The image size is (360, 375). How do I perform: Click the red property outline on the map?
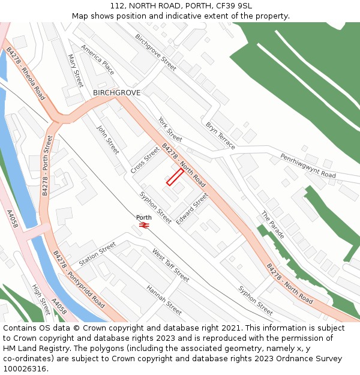point(175,177)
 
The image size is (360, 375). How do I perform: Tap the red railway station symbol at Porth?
point(144,225)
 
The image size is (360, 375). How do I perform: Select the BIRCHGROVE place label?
point(116,93)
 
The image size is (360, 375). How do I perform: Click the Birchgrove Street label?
point(155,52)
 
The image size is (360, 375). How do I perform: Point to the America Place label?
point(97,59)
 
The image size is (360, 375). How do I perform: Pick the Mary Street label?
point(75,71)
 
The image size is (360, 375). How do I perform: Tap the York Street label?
point(170,130)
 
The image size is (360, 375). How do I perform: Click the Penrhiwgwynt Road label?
point(308,165)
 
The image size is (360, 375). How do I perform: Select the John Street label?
point(108,140)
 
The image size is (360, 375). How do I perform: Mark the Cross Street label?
point(145,160)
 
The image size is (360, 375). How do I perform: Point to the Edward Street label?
point(191,208)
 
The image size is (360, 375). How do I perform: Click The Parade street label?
point(272,224)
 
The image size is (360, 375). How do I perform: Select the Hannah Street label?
point(164,299)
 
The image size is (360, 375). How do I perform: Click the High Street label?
point(41,300)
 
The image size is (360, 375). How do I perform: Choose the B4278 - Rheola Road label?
point(25,74)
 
